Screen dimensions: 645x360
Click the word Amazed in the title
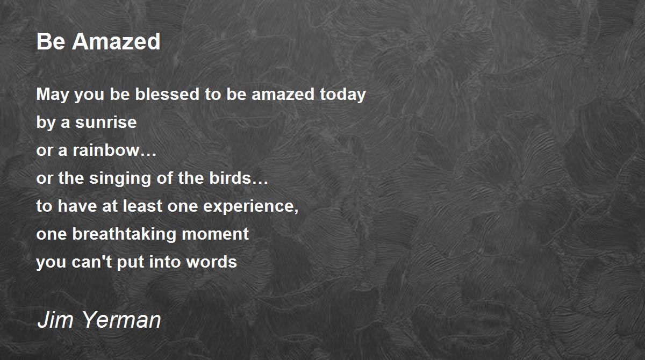click(116, 41)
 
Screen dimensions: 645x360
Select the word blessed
click(167, 94)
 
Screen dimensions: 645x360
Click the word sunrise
click(106, 123)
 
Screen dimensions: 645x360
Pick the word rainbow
click(106, 150)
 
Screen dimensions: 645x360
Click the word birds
click(230, 178)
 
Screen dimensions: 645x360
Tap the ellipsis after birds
click(260, 183)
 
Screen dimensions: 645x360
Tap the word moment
click(215, 234)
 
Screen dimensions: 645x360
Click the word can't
click(91, 262)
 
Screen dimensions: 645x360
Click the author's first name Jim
click(55, 320)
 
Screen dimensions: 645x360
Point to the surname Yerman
click(122, 320)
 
